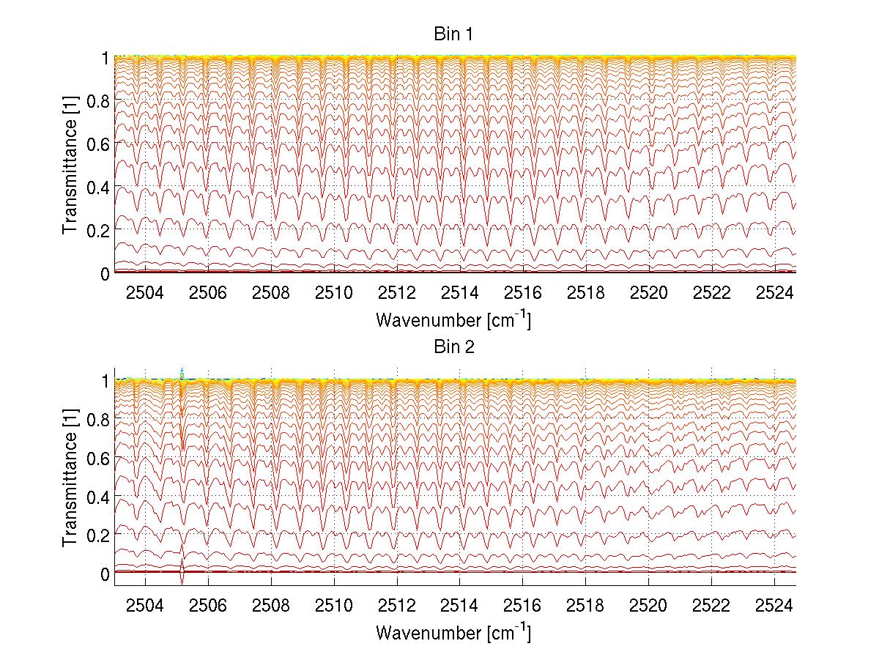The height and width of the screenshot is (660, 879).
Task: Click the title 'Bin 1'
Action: point(454,34)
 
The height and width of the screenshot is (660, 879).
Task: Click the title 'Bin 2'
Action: point(454,346)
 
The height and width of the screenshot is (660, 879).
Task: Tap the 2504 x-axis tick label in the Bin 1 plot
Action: point(146,293)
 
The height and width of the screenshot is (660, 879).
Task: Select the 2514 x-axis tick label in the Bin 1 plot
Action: point(460,293)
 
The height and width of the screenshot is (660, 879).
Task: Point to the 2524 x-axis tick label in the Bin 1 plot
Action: point(775,293)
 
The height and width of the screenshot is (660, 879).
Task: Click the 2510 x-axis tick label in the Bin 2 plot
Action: point(334,605)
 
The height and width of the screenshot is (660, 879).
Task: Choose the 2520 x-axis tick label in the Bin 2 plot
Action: point(649,605)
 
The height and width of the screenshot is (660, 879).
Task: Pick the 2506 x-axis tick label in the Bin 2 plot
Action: point(209,605)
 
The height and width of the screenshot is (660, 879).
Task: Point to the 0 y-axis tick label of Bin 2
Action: point(105,574)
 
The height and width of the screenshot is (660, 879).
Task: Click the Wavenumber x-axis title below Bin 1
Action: point(453,320)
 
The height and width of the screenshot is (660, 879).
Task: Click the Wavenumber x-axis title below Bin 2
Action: point(453,632)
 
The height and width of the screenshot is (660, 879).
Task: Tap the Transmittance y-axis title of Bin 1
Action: point(70,165)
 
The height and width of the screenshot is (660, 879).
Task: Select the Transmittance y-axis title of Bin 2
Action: point(70,476)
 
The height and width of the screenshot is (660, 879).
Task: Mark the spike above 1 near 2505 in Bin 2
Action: point(182,371)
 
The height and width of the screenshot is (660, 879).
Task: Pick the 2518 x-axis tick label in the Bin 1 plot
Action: point(586,293)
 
